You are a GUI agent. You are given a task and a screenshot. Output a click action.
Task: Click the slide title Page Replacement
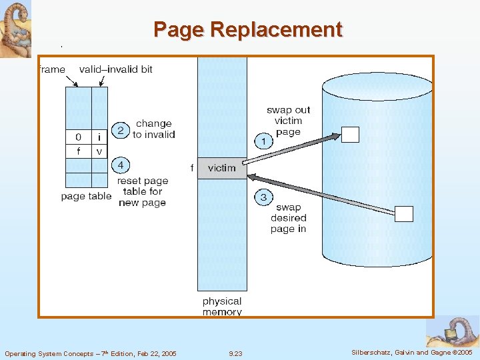coord(247,30)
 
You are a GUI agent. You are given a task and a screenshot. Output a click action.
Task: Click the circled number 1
coord(263,141)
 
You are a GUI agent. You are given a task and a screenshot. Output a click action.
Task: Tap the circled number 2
coord(120,130)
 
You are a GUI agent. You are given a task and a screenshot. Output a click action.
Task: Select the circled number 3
coord(263,197)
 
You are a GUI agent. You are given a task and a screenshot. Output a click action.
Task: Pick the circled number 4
coord(120,164)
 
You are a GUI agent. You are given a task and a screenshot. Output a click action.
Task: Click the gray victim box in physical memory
coord(221,168)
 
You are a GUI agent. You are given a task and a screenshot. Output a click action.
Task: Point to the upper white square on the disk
coord(351,134)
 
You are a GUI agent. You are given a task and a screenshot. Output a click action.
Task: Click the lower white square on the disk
coord(404,214)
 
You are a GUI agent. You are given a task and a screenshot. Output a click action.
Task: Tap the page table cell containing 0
coord(78,137)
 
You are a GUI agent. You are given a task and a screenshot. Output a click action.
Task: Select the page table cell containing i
coord(99,137)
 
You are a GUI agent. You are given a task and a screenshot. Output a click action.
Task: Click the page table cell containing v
coord(99,151)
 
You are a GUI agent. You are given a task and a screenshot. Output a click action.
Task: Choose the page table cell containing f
coord(78,151)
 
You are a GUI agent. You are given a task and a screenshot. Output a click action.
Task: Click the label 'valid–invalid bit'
coord(115,69)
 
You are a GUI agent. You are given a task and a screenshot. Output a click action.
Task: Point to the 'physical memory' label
coord(222,307)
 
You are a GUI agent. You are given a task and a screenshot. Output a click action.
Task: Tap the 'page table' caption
coord(86,197)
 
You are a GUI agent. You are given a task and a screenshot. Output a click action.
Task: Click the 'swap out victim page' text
coord(288,121)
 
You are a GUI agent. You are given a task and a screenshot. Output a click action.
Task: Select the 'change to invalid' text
coord(153,129)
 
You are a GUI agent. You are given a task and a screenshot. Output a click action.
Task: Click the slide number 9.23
coord(235,353)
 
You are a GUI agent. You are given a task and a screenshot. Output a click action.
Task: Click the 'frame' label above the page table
coord(52,69)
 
